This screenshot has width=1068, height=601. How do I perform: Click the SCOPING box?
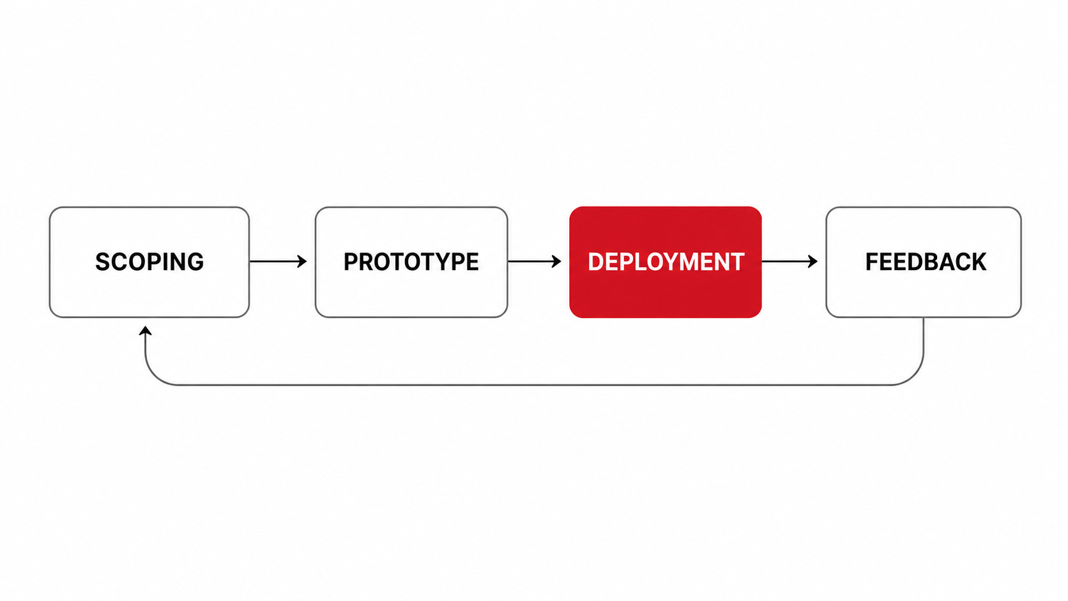[149, 262]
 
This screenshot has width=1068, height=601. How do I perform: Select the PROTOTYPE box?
[411, 262]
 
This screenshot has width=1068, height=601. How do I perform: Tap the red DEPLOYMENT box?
[666, 262]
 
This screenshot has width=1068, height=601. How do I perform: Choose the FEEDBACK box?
[924, 262]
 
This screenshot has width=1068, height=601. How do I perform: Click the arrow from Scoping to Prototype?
[278, 261]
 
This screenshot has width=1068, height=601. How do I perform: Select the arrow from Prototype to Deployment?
[535, 261]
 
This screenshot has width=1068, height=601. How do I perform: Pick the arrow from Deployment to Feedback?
[790, 261]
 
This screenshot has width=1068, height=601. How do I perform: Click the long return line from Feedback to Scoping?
[534, 384]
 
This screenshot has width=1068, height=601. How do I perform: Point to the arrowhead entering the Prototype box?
[302, 261]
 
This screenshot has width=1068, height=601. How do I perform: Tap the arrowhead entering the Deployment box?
[556, 261]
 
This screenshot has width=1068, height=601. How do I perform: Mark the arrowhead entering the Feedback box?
[813, 261]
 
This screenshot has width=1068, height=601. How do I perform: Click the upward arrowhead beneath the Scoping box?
[146, 331]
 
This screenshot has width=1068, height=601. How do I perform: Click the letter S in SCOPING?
[103, 262]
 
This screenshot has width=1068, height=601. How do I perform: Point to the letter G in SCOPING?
[195, 262]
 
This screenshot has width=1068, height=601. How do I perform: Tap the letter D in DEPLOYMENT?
[596, 262]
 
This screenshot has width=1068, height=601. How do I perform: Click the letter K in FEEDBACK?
[979, 262]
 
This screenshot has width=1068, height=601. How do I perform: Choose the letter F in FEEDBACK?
[872, 262]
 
